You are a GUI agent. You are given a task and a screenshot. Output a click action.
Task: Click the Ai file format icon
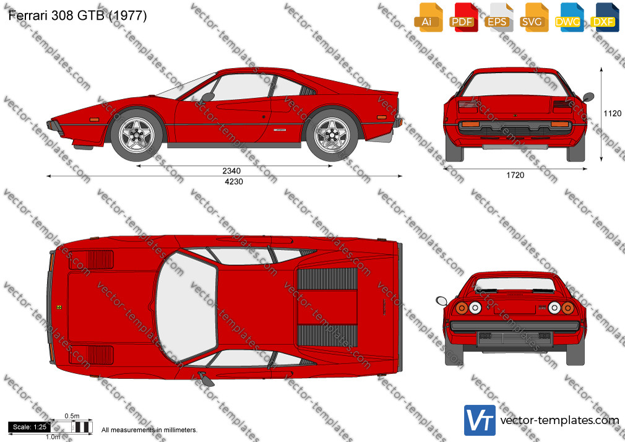[x=428, y=17]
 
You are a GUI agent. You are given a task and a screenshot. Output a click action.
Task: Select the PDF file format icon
[x=463, y=17]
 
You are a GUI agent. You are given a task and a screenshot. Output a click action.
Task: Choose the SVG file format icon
[x=533, y=17]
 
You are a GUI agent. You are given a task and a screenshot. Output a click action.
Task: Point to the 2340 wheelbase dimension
[x=231, y=171]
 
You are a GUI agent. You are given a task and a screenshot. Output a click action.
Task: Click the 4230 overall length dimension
[x=234, y=181]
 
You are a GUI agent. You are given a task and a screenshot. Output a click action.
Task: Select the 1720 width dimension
[x=515, y=175]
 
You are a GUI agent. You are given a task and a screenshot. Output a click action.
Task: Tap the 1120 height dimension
[x=613, y=113]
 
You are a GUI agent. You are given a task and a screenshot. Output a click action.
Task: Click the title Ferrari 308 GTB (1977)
[x=77, y=15]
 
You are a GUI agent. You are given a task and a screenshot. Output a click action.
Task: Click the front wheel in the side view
[x=136, y=135]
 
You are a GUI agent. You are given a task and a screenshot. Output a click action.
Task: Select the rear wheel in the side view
[x=332, y=135]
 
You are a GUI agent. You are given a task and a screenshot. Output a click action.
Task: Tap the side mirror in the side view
[x=208, y=97]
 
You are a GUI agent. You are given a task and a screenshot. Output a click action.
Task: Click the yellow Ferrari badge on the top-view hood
[x=59, y=307]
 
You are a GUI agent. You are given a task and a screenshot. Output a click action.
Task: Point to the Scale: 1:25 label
[x=30, y=427]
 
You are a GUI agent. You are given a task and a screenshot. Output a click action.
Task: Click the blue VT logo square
[x=480, y=420]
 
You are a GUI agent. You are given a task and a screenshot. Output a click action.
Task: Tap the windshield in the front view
[x=515, y=84]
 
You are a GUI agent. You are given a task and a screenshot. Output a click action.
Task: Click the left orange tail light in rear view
[x=462, y=308]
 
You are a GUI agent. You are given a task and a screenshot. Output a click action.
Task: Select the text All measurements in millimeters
[x=149, y=430]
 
